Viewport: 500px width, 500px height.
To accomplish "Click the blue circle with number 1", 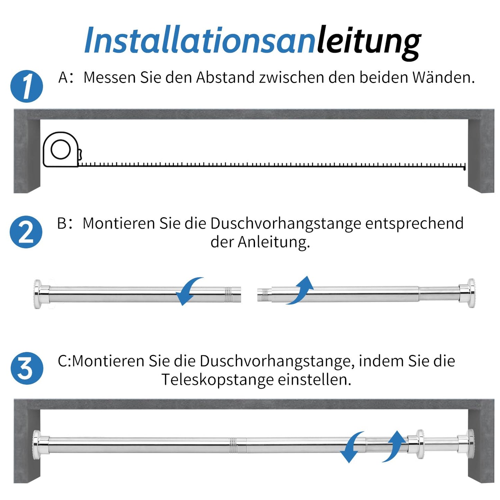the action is point(26,86).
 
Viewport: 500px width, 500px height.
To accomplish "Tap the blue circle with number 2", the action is point(26,232).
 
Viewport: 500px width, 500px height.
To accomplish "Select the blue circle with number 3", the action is point(27,368).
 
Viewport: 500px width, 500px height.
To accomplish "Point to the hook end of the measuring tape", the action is point(464,167).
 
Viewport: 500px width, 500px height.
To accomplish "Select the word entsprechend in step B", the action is point(415,224).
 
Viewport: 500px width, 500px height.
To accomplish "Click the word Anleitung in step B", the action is point(273,242).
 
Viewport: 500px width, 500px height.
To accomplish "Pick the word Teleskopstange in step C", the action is point(217,380).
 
